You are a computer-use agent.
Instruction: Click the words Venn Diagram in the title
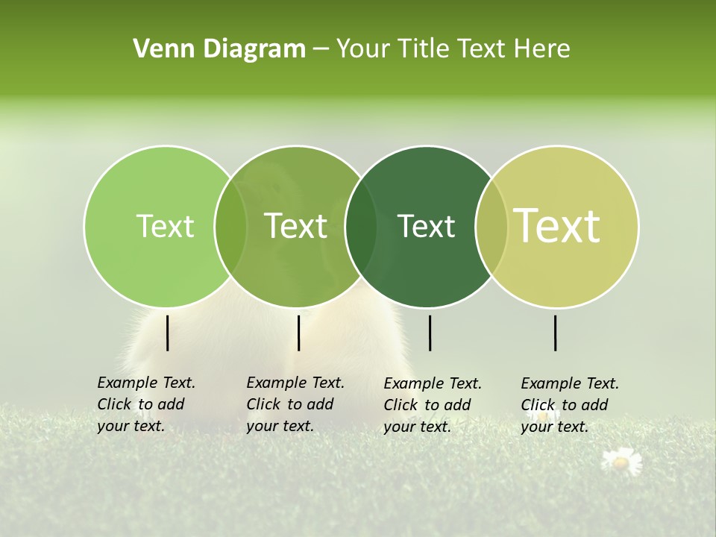(x=219, y=49)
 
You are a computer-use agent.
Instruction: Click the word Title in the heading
(x=424, y=49)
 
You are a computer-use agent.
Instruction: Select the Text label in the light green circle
(x=166, y=226)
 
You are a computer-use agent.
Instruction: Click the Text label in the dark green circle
(x=426, y=226)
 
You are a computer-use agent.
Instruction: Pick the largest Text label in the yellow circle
(x=557, y=226)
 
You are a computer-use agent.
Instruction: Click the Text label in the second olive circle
(x=296, y=226)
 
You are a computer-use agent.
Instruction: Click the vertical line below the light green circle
(x=167, y=333)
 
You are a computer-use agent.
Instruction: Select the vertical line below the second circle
(x=298, y=333)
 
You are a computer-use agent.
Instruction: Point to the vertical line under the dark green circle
(x=430, y=333)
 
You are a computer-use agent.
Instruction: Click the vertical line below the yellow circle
(x=556, y=333)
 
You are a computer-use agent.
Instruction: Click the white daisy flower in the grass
(x=621, y=462)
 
